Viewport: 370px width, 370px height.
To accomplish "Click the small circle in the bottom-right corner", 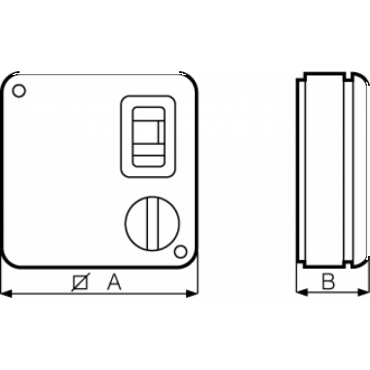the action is [x=181, y=252].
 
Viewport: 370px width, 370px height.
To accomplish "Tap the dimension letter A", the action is [x=114, y=282].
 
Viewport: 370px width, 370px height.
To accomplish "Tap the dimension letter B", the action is [x=328, y=281].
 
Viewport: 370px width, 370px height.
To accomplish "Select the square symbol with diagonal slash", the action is [x=80, y=282].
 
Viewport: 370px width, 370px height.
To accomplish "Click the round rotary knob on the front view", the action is [x=151, y=223].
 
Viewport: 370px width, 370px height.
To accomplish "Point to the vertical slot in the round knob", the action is [x=151, y=223].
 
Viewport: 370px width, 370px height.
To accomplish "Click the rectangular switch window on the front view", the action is [x=149, y=136].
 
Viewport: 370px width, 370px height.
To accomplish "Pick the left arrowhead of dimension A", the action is [x=7, y=294].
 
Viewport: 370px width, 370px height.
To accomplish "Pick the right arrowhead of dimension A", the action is [x=192, y=294].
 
